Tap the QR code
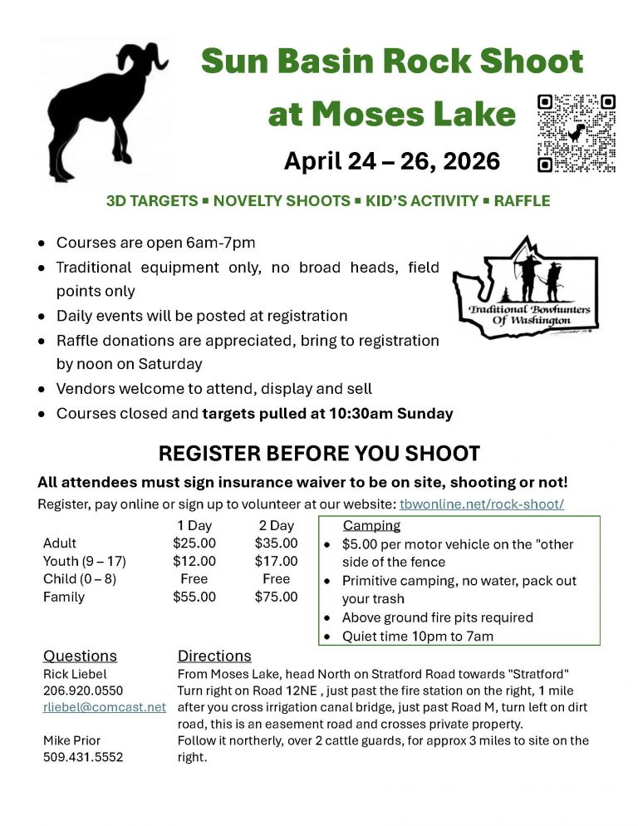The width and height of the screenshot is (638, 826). click(577, 133)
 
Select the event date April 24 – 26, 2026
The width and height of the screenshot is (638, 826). click(392, 160)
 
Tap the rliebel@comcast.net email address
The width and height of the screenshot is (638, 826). click(105, 707)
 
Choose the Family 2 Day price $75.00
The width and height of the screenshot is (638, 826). click(277, 597)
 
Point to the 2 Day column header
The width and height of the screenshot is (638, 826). click(277, 525)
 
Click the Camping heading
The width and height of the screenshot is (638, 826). click(371, 525)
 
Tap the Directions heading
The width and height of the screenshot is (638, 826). click(214, 656)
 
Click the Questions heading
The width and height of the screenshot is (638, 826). click(80, 656)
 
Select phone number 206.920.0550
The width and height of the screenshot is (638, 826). click(83, 691)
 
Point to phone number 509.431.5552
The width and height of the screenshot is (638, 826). click(83, 757)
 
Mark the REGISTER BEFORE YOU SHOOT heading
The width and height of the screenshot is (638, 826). click(319, 454)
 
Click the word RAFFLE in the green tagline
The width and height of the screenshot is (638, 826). click(522, 201)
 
